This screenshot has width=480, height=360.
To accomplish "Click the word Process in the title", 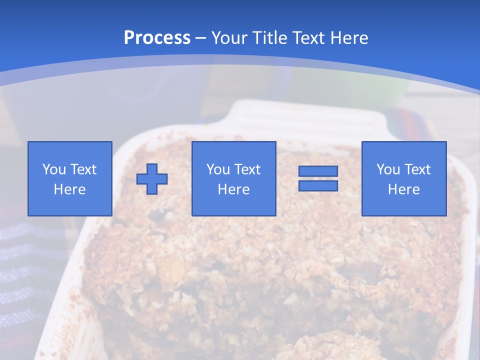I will pyautogui.click(x=157, y=38).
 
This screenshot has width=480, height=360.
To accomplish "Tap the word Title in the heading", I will pyautogui.click(x=269, y=38).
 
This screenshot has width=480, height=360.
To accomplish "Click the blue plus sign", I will pyautogui.click(x=152, y=178).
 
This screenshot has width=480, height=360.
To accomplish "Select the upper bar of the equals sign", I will pyautogui.click(x=318, y=171).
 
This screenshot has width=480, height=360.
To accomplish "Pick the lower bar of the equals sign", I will pyautogui.click(x=318, y=185).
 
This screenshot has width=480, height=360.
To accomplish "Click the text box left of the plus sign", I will pyautogui.click(x=70, y=178).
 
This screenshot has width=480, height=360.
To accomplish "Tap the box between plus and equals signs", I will pyautogui.click(x=233, y=178).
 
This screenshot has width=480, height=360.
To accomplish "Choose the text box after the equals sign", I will pyautogui.click(x=403, y=178).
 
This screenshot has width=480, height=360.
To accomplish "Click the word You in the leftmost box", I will pyautogui.click(x=53, y=169).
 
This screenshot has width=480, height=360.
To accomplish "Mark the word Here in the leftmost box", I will pyautogui.click(x=70, y=189).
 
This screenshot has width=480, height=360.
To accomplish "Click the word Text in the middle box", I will pyautogui.click(x=247, y=169).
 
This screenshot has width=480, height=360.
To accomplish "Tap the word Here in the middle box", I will pyautogui.click(x=233, y=189).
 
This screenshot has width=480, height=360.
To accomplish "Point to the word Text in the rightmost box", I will pyautogui.click(x=417, y=169).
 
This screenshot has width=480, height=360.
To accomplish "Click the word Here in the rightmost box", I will pyautogui.click(x=403, y=189).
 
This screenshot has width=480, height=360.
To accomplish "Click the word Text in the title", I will pyautogui.click(x=306, y=38).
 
